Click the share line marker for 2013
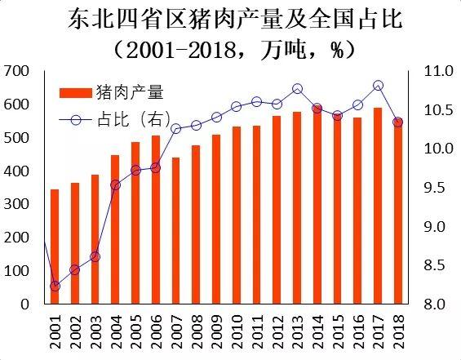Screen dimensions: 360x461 click(297, 89)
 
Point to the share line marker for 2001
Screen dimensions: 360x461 click(55, 286)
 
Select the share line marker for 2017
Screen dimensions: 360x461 click(378, 85)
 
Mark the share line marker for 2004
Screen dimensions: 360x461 click(116, 185)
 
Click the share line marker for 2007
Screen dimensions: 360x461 click(175, 128)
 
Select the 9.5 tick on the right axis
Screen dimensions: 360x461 click(438, 188)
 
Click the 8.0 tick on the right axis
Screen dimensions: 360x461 click(438, 304)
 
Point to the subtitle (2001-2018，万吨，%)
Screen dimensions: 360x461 click(230, 49)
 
